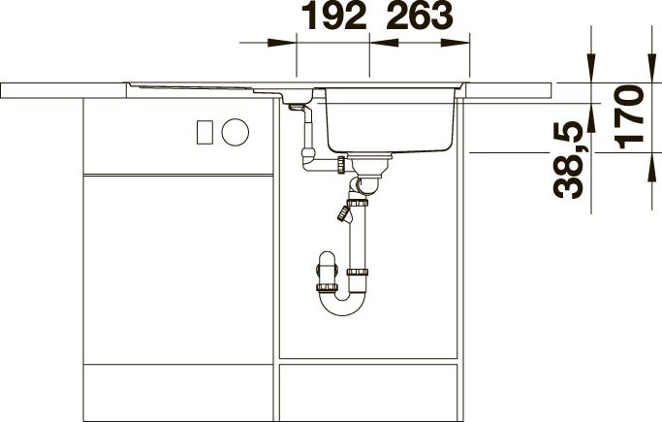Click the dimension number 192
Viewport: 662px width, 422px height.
335,16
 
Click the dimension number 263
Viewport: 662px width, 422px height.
420,16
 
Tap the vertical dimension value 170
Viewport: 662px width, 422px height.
629,117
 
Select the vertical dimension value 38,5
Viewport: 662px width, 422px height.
568,160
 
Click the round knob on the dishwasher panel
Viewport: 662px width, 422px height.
236,132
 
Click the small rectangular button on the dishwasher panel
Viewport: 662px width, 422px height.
205,132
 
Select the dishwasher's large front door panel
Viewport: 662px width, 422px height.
178,269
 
